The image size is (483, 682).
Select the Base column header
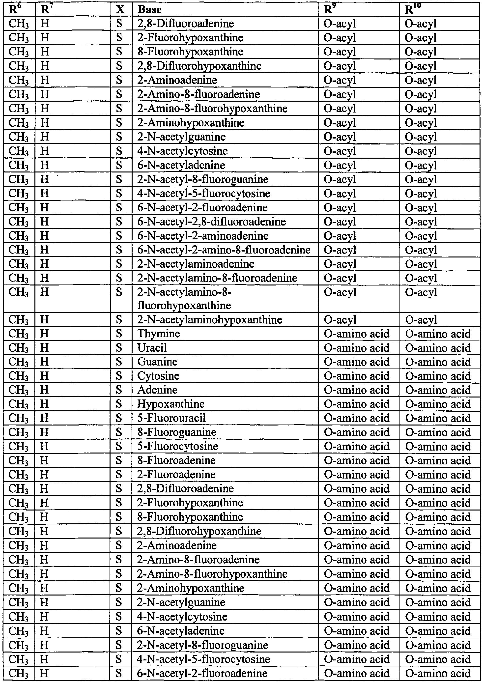[x=150, y=10]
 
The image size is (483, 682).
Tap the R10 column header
[x=413, y=10]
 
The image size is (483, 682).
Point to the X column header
[x=120, y=10]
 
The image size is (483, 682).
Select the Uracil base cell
[x=152, y=348]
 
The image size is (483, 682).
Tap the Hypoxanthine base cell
[x=171, y=404]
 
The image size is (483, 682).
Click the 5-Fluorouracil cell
[x=171, y=418]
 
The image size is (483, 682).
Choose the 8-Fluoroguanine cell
[x=177, y=432]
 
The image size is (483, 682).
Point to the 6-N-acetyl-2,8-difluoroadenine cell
[x=211, y=222]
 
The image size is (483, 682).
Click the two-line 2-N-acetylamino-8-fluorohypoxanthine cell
[x=184, y=299]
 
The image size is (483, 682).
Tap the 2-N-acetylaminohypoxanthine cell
[x=209, y=320]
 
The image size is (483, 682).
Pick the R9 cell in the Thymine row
[x=357, y=334]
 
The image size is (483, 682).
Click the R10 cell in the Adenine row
[x=438, y=390]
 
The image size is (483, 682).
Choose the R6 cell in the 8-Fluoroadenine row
[x=18, y=460]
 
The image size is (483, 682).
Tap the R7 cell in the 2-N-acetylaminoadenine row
[x=45, y=264]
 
